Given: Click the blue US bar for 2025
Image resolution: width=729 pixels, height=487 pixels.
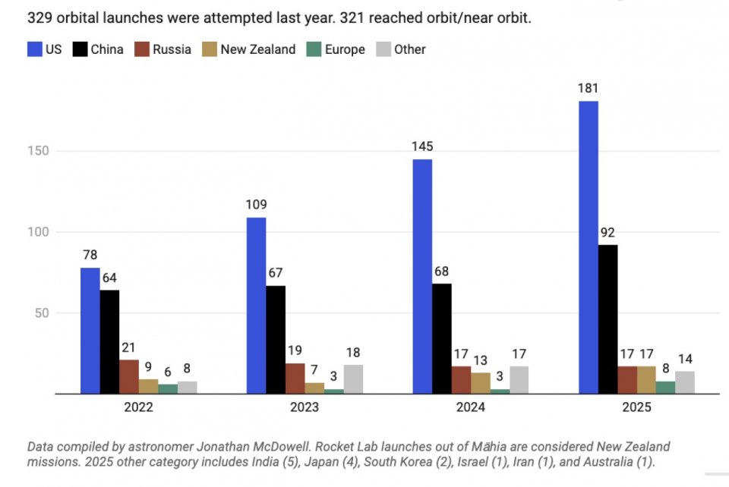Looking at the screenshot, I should tap(588, 247).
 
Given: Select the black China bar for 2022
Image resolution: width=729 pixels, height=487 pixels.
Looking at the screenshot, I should tap(109, 341).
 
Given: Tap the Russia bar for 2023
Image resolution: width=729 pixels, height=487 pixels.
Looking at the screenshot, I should tap(295, 379).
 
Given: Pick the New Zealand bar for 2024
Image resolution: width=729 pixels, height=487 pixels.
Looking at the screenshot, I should tap(481, 383).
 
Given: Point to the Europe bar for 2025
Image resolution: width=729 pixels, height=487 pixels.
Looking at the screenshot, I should tap(665, 388).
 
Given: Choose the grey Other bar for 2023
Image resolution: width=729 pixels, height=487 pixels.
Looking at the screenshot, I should tap(353, 379).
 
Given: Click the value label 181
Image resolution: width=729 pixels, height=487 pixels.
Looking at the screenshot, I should tap(588, 88).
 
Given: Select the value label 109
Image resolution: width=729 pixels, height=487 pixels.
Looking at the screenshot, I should tap(256, 205).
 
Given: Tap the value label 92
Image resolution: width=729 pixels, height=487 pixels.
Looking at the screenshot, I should tap(607, 232).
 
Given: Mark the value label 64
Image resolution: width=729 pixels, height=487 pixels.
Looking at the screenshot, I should tap(109, 278).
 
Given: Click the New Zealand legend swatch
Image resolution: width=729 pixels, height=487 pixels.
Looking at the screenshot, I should tap(208, 49).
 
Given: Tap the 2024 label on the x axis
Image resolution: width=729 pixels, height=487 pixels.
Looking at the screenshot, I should tap(471, 407).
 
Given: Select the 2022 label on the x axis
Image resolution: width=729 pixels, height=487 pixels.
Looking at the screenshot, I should tap(138, 407).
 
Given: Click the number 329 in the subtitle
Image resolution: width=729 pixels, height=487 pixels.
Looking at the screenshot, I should tap(39, 17).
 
